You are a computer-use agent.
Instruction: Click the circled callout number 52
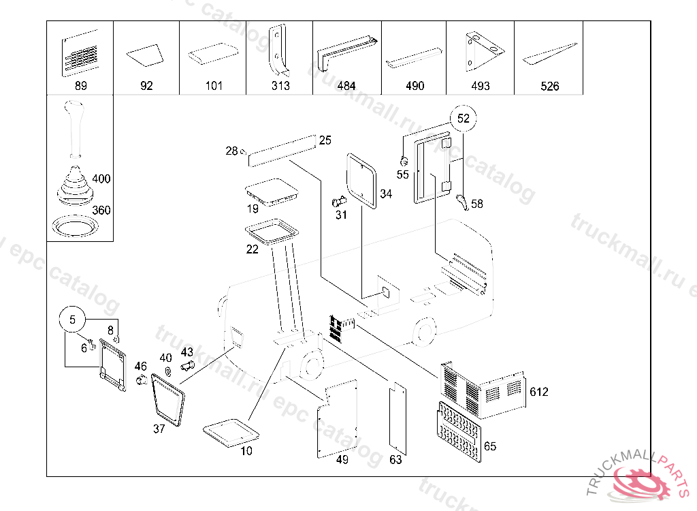(464, 118)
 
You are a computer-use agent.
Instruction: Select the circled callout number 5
(74, 319)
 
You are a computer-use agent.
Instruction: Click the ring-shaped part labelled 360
(76, 226)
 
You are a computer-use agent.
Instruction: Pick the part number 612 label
(539, 392)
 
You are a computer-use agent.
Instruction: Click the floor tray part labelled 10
(231, 432)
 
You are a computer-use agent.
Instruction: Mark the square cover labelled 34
(362, 180)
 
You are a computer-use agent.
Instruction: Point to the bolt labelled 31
(338, 202)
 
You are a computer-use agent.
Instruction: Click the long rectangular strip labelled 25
(282, 151)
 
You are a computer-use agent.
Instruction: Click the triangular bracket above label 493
(481, 51)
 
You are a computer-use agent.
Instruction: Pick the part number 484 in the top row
(346, 86)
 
